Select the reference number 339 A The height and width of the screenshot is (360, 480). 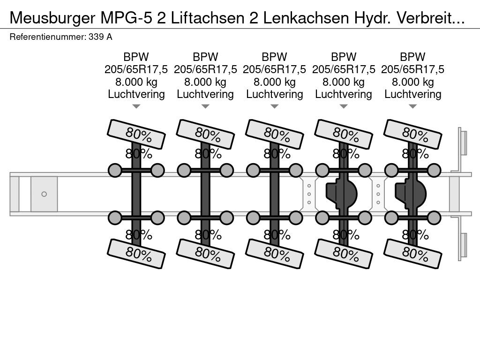click(x=100, y=37)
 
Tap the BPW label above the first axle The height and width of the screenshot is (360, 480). click(x=136, y=57)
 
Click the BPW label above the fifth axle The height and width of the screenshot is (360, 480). click(x=413, y=57)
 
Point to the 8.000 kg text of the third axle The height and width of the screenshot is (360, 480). click(x=275, y=82)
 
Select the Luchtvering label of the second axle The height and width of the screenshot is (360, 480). click(x=205, y=94)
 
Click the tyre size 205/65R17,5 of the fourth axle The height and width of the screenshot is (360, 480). click(x=344, y=69)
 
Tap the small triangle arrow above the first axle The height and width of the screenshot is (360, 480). click(x=136, y=107)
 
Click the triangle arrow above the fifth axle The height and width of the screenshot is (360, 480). click(x=413, y=107)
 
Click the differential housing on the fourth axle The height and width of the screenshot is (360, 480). click(x=342, y=193)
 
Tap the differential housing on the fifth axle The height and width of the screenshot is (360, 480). click(x=411, y=193)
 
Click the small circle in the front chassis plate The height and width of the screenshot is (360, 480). click(x=44, y=194)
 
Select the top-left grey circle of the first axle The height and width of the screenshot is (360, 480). click(x=115, y=170)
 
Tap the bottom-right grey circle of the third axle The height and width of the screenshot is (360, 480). click(x=296, y=217)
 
